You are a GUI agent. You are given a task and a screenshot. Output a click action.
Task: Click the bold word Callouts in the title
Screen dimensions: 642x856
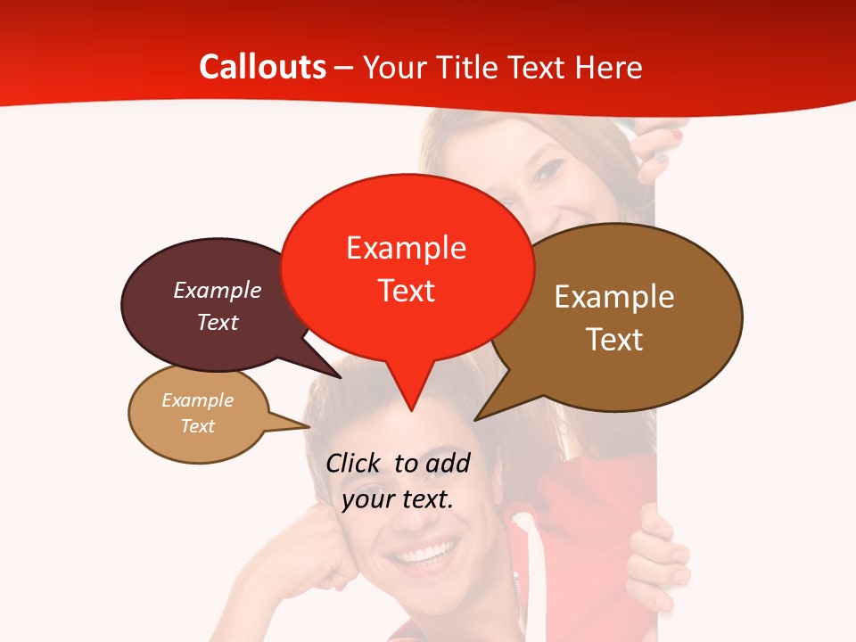point(262,67)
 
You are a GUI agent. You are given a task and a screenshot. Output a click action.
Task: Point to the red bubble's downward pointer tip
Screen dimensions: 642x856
point(411,409)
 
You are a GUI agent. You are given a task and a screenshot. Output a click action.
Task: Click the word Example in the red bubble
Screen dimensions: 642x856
point(407,248)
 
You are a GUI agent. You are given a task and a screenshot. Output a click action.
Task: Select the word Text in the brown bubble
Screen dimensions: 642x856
point(614,340)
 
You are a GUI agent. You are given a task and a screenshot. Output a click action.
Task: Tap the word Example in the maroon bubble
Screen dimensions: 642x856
point(218,291)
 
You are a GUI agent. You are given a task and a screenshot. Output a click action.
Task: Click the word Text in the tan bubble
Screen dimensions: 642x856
point(198,426)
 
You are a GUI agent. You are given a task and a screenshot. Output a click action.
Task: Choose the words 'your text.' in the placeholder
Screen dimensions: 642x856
point(398,499)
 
